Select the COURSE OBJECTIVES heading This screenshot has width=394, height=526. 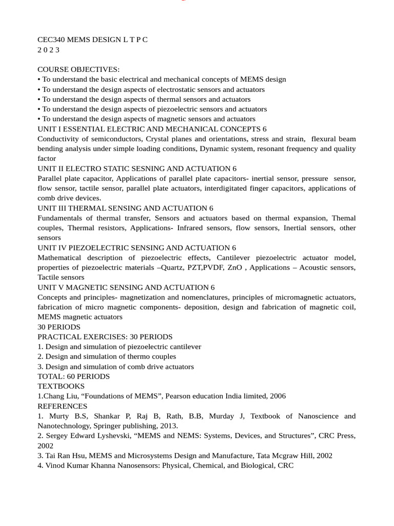point(78,69)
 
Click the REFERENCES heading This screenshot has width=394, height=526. point(62,406)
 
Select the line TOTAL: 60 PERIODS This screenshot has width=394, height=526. point(73,377)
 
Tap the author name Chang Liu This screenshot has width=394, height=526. point(58,396)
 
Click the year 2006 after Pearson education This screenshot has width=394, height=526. point(277,396)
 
